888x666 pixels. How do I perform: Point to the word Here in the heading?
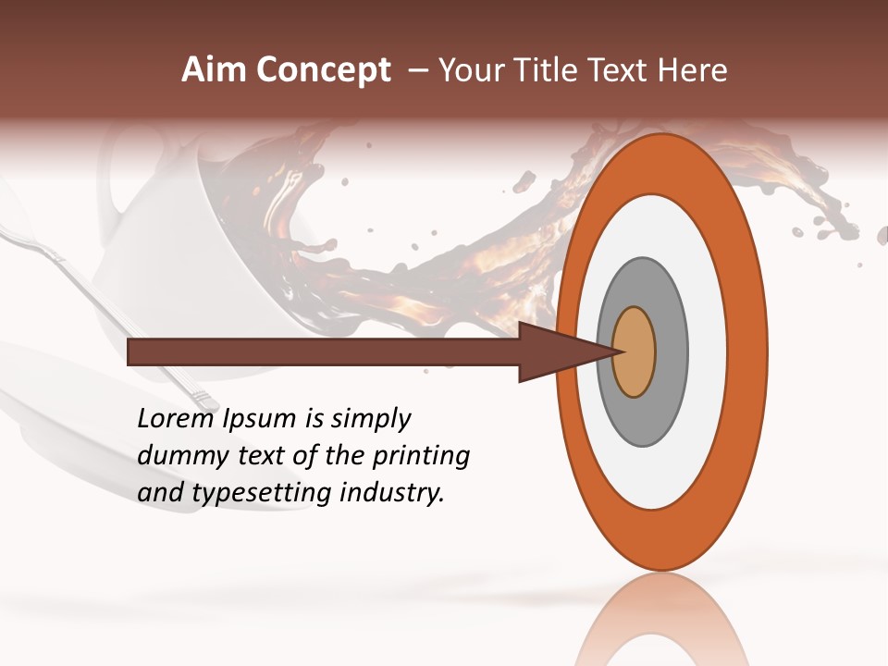pyautogui.click(x=693, y=70)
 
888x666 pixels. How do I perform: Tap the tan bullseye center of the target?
pyautogui.click(x=634, y=352)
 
